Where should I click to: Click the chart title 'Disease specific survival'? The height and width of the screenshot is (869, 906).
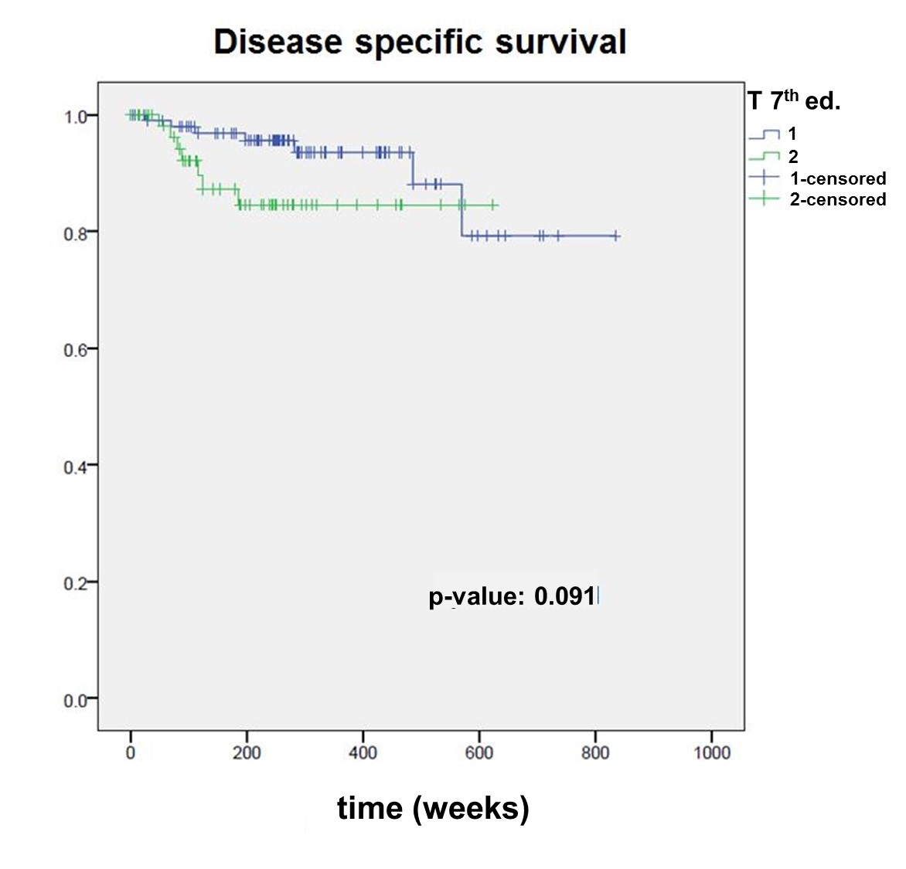pyautogui.click(x=420, y=42)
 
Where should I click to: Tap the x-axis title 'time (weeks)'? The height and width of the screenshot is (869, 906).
pyautogui.click(x=433, y=808)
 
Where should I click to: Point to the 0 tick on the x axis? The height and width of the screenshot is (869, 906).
pyautogui.click(x=131, y=752)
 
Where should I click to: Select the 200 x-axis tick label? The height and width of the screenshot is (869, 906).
pyautogui.click(x=247, y=752)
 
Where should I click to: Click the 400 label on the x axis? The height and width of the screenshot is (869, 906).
pyautogui.click(x=363, y=752)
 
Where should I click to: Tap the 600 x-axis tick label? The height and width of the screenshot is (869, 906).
pyautogui.click(x=479, y=752)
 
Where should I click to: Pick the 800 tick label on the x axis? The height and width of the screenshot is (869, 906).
pyautogui.click(x=595, y=752)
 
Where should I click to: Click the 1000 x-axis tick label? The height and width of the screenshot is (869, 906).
pyautogui.click(x=712, y=752)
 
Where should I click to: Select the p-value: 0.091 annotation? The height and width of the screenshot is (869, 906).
pyautogui.click(x=513, y=596)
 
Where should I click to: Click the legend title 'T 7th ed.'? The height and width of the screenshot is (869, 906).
pyautogui.click(x=794, y=101)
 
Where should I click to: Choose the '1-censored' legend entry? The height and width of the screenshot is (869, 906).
pyautogui.click(x=837, y=178)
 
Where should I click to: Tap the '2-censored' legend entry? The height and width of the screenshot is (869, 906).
pyautogui.click(x=837, y=199)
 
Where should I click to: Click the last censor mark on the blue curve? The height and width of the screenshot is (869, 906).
pyautogui.click(x=615, y=236)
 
